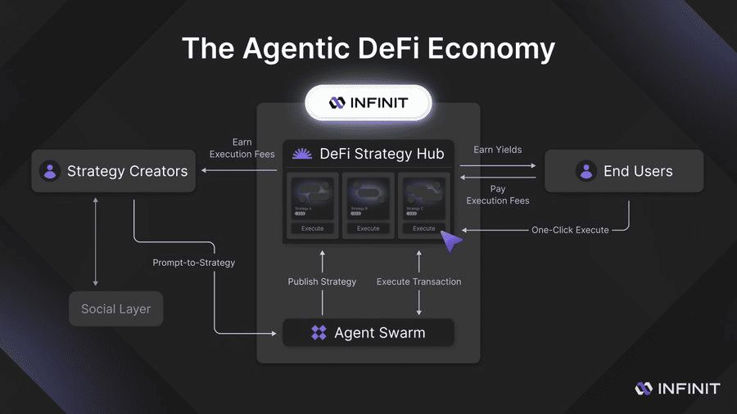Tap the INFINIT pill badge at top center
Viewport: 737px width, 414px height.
(x=368, y=103)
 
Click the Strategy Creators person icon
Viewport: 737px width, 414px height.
(x=50, y=171)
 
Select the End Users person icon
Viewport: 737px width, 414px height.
(x=586, y=171)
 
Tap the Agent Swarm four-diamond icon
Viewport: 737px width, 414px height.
(x=319, y=333)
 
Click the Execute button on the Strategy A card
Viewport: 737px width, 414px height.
(x=313, y=228)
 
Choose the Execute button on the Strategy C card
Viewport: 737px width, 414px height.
(x=424, y=228)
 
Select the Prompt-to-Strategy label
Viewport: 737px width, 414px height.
(x=194, y=263)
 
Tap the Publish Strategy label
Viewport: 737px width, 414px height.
(x=322, y=281)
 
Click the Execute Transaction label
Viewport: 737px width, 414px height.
(x=418, y=281)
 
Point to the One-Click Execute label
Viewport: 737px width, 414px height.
(x=570, y=230)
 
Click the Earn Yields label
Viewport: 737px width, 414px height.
(x=497, y=150)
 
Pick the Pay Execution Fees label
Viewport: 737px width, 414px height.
(x=498, y=195)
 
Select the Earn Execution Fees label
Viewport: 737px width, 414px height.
(x=242, y=148)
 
